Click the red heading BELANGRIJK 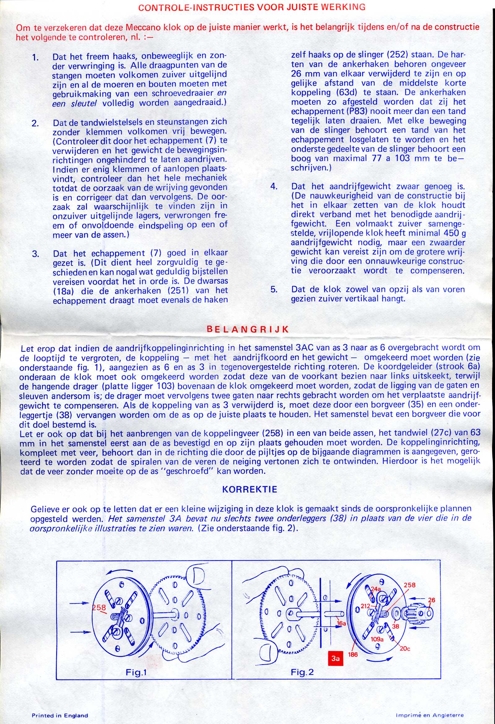coord(248,330)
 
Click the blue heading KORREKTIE coord(250,489)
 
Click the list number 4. coord(274,186)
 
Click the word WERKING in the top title coord(346,7)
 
